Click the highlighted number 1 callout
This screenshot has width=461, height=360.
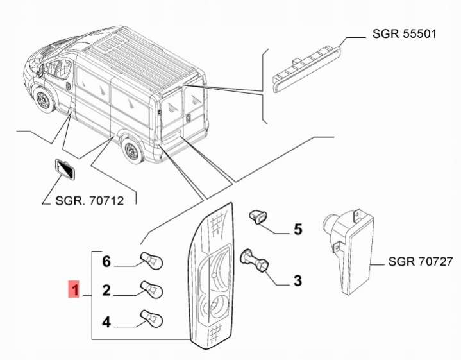coord(75,291)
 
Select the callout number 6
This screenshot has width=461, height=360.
coord(107,261)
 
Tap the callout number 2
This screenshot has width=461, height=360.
coord(107,291)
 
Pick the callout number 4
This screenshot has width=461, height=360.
coord(107,321)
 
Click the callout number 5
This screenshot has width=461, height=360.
coord(298,228)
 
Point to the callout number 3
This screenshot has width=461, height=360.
coord(298,280)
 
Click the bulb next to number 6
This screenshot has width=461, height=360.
coord(154,260)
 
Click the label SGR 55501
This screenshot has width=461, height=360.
coord(405,33)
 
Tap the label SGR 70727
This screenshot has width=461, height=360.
coord(421,262)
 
